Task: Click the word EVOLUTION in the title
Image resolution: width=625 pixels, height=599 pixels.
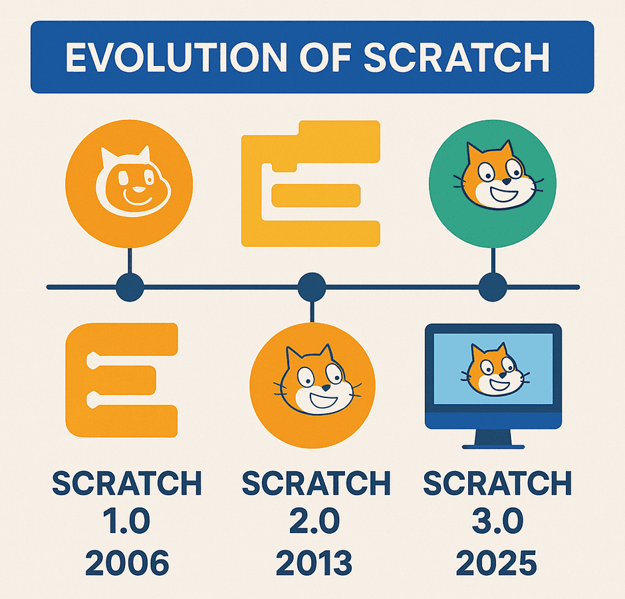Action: pyautogui.click(x=176, y=57)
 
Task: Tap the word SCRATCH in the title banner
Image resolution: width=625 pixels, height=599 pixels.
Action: pyautogui.click(x=457, y=57)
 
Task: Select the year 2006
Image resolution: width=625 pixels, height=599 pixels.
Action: pyautogui.click(x=127, y=562)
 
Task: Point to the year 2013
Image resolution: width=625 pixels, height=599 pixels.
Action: pyautogui.click(x=314, y=562)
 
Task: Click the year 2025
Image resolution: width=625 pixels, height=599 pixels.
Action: pyautogui.click(x=497, y=562)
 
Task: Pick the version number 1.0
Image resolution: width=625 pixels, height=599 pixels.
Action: pyautogui.click(x=126, y=520)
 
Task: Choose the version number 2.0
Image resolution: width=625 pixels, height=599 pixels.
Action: pyautogui.click(x=315, y=520)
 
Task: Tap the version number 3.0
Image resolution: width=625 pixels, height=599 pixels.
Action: pyautogui.click(x=497, y=520)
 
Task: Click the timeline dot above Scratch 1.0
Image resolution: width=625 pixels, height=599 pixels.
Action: pyautogui.click(x=130, y=288)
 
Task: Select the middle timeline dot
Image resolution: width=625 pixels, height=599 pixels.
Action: pyautogui.click(x=312, y=288)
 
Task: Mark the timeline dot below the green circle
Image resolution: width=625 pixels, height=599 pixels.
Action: pyautogui.click(x=493, y=288)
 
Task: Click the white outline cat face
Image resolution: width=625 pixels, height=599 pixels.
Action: pyautogui.click(x=133, y=182)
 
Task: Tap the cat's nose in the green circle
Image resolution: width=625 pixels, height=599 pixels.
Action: pyautogui.click(x=506, y=182)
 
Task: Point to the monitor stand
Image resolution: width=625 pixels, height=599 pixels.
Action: pyautogui.click(x=493, y=439)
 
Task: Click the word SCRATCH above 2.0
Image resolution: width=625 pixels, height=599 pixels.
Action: pyautogui.click(x=316, y=483)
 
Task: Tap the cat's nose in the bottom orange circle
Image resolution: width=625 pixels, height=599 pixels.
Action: pyautogui.click(x=326, y=387)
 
